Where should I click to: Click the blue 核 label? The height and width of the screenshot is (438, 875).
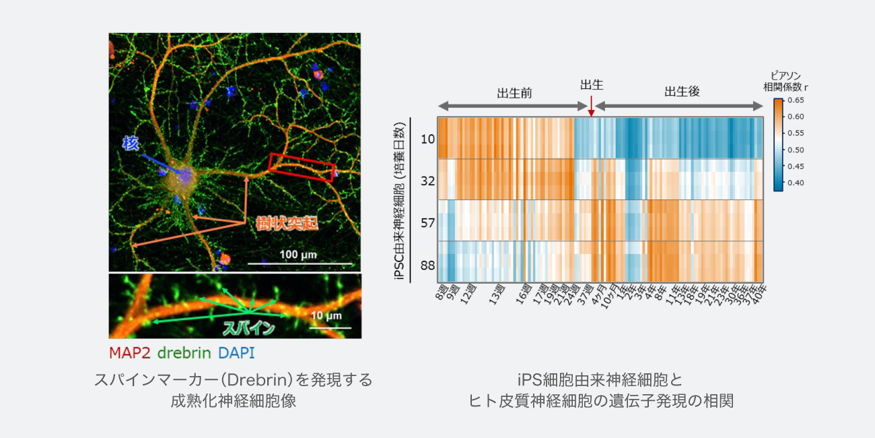coord(131,143)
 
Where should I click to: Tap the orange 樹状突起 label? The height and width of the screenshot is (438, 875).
coord(287,223)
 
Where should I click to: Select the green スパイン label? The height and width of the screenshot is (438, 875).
coord(249,329)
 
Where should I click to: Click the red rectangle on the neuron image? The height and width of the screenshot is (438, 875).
coord(302,167)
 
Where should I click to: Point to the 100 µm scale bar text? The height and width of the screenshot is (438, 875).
coord(298,255)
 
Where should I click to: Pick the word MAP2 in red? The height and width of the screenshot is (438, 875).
coord(130,352)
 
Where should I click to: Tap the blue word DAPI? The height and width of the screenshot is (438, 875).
coord(236,352)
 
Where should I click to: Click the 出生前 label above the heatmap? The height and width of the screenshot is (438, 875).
coord(514,92)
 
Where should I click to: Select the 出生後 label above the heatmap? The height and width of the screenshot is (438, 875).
coord(682,92)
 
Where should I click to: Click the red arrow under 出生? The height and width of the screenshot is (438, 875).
coord(591,106)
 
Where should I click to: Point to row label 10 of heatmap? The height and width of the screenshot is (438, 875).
coord(427,139)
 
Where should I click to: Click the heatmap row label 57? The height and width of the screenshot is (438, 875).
coord(427,222)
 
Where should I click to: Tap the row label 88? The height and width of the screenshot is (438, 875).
coord(427,265)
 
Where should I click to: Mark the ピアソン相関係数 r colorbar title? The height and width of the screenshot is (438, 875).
coord(785,81)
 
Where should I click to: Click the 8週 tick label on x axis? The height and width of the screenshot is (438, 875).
coord(442,294)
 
